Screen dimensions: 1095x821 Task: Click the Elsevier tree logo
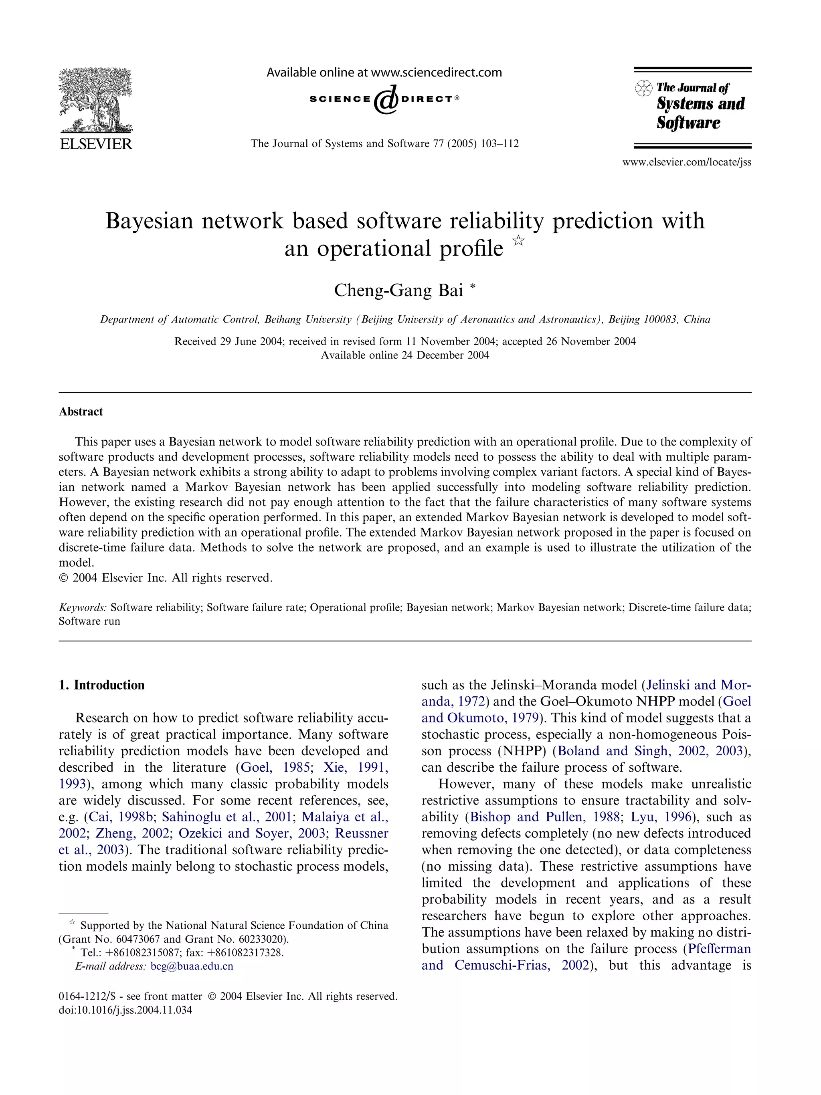tap(95, 101)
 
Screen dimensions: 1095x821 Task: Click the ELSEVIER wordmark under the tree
tap(95, 144)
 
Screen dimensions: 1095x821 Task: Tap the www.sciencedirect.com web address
tap(436, 73)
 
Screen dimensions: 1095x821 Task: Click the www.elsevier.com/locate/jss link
tap(686, 162)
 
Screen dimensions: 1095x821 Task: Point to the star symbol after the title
tap(518, 241)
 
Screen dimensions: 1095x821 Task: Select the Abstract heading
tap(81, 412)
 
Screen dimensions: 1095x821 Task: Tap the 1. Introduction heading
tap(101, 685)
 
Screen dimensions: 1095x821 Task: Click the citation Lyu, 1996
tap(661, 817)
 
